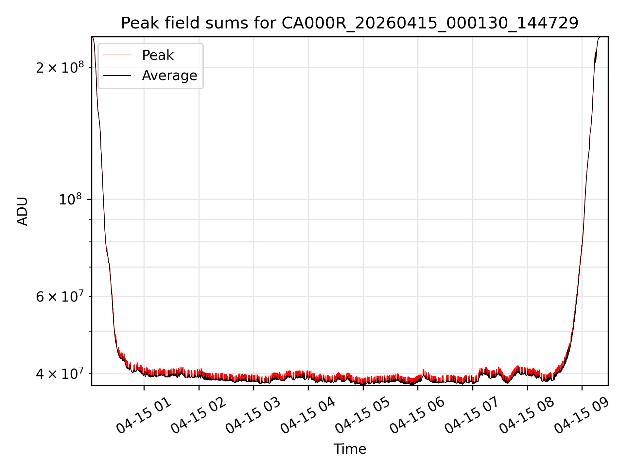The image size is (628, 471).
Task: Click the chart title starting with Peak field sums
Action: (x=350, y=23)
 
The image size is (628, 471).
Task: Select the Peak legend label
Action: (x=158, y=55)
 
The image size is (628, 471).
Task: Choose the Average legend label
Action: (x=169, y=76)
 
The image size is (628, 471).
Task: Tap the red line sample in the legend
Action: (x=117, y=55)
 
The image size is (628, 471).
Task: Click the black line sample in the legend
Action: (x=117, y=76)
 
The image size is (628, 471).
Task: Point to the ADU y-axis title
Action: (x=22, y=211)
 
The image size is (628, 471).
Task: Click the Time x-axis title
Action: (x=350, y=449)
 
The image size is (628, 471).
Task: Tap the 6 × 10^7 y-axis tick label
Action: (x=60, y=296)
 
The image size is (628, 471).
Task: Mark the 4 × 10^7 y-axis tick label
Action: (x=60, y=373)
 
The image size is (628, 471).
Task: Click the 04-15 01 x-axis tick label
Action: (x=144, y=415)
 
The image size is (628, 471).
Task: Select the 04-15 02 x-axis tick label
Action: (x=199, y=415)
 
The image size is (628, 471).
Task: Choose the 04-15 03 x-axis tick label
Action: (x=253, y=415)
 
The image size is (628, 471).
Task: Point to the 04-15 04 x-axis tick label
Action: (x=308, y=415)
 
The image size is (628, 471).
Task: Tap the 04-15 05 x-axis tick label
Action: (x=363, y=415)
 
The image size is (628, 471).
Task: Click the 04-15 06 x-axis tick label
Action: (x=417, y=415)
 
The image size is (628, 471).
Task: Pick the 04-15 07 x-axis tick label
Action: (x=472, y=415)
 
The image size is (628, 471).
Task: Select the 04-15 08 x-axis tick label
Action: (x=527, y=415)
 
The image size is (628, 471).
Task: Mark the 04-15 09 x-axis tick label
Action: (x=582, y=415)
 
